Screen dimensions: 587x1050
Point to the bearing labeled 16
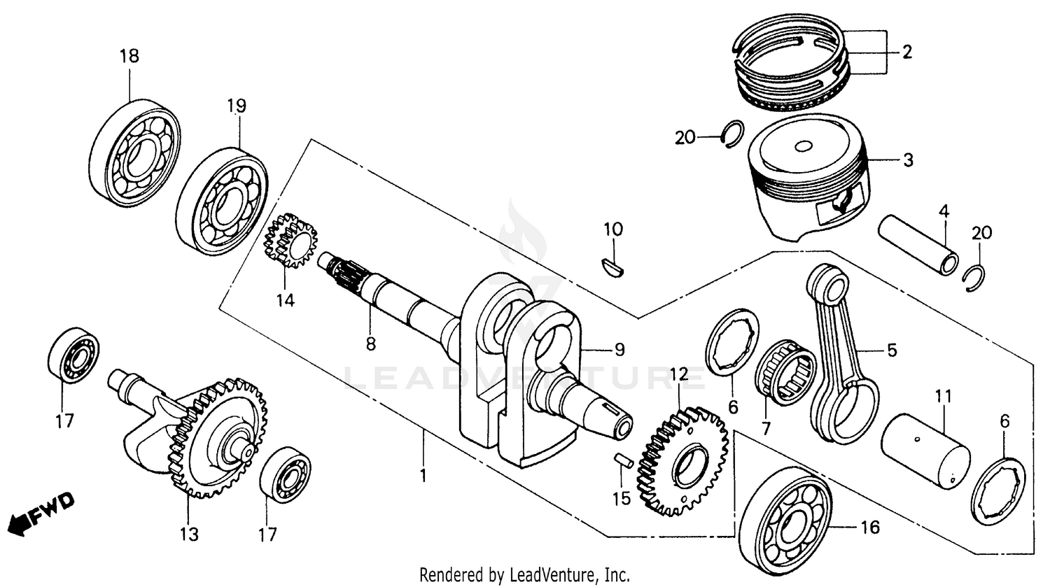point(785,515)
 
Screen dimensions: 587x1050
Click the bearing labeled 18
point(135,153)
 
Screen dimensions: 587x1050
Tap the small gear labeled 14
point(290,242)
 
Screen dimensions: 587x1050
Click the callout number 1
point(423,476)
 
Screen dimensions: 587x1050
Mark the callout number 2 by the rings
point(906,52)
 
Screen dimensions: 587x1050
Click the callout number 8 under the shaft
point(370,344)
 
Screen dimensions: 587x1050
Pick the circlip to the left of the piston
point(732,134)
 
